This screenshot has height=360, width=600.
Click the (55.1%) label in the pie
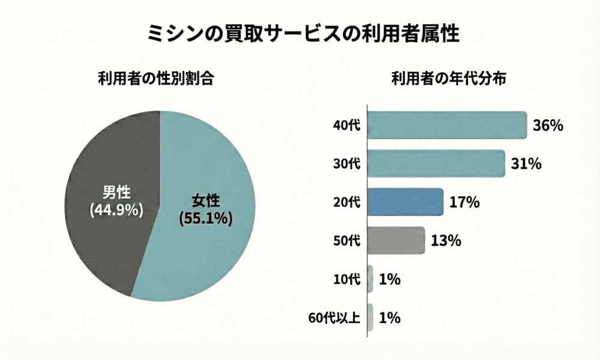(x=205, y=218)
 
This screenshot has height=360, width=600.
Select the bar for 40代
(x=446, y=125)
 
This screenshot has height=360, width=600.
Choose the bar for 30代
(x=436, y=164)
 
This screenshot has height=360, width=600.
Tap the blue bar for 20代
(x=405, y=202)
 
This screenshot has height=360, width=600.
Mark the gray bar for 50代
(x=396, y=241)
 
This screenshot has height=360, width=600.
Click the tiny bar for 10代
(x=370, y=279)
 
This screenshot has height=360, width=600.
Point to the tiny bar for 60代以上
(x=370, y=317)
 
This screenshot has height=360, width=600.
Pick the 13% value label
(x=446, y=241)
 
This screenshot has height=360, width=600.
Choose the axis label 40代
(x=347, y=126)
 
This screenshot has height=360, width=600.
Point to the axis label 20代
(x=347, y=203)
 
